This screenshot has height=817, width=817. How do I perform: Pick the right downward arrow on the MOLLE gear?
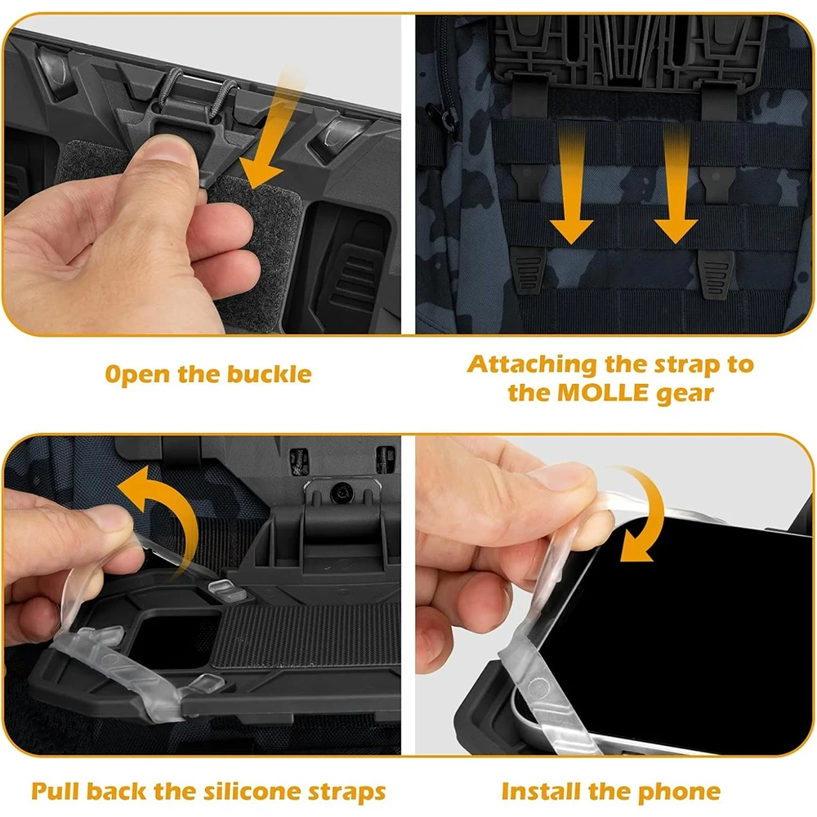(x=675, y=192)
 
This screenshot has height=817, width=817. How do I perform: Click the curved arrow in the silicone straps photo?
(x=159, y=515)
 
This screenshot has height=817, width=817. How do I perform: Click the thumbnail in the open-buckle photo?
(x=170, y=150)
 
